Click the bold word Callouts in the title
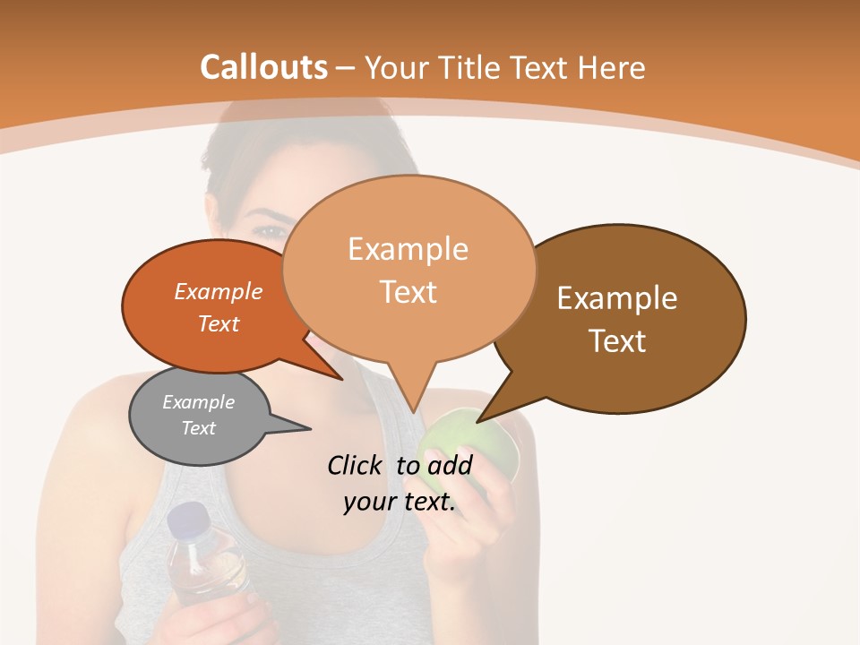(x=263, y=67)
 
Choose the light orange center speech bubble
(x=408, y=270)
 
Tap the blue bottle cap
(x=187, y=519)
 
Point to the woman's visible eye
(x=268, y=231)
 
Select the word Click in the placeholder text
(x=357, y=465)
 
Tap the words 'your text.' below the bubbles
(x=400, y=502)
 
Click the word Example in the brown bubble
(x=617, y=298)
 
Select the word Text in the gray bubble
(x=199, y=428)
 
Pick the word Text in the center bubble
(x=408, y=292)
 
